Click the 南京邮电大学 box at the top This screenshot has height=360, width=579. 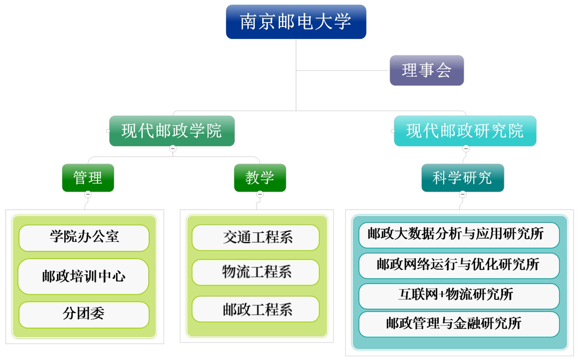(296, 22)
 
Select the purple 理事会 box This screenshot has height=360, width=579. (427, 70)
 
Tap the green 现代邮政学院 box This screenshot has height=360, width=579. (172, 131)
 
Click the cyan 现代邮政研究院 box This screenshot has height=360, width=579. (465, 131)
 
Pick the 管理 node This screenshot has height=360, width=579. (88, 178)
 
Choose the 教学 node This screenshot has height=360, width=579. (260, 178)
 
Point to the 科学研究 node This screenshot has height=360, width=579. (462, 178)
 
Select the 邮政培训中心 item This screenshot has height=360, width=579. (83, 276)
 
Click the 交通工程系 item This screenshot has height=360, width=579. (256, 237)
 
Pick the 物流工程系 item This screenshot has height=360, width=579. (256, 272)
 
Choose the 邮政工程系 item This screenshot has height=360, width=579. (256, 309)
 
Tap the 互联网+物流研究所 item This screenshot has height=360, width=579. (459, 296)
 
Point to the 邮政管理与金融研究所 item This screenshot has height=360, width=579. (459, 324)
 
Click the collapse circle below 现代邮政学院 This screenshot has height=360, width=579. (173, 149)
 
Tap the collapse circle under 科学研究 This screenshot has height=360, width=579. (462, 194)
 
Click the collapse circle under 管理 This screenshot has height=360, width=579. (88, 194)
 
